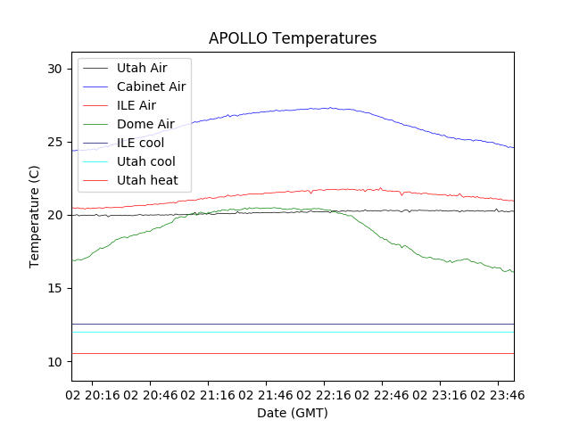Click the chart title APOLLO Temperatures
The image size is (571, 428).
point(293,38)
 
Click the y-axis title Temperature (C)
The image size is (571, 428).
point(34,216)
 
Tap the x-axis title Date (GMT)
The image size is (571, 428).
point(293,413)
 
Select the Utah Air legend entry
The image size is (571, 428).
point(141,68)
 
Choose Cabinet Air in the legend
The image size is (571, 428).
point(151,86)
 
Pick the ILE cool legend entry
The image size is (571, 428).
point(140,143)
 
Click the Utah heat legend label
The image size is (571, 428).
point(147,180)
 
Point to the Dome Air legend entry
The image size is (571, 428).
point(145,124)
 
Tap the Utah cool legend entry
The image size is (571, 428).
point(145,161)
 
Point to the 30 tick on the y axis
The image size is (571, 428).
point(54,69)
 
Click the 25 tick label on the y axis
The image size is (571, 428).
point(54,142)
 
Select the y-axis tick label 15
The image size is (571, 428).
point(54,288)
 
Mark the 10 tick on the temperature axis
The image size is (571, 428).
point(54,361)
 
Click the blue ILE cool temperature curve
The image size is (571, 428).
point(268,111)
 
